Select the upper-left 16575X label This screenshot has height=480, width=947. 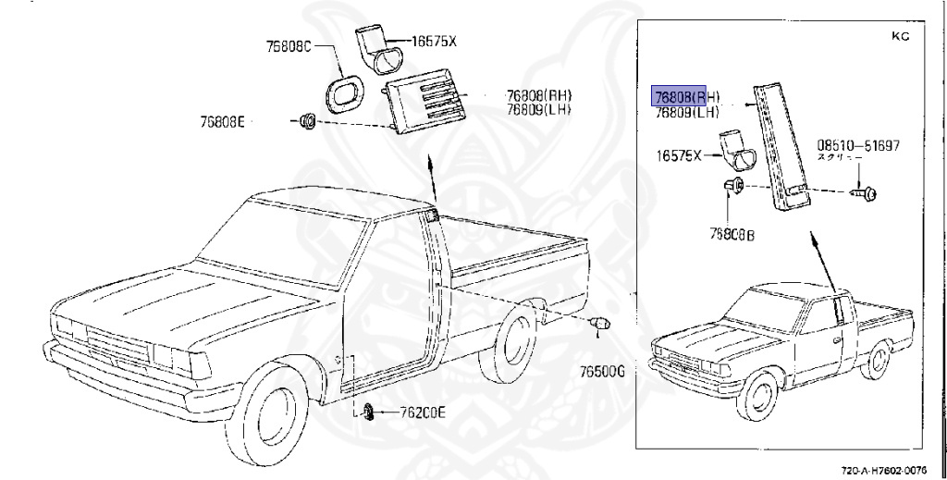[x=433, y=42]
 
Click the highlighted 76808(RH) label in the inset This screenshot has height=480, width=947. [x=686, y=97]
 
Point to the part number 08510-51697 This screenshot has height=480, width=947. [x=857, y=145]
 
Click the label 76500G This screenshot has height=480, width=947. [x=603, y=371]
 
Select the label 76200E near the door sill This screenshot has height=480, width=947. [x=422, y=413]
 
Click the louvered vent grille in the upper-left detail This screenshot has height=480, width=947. [x=427, y=105]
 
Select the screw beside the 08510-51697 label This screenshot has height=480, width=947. [x=867, y=194]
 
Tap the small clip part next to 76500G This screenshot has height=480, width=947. [x=600, y=324]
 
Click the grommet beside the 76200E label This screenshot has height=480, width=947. [x=369, y=412]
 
